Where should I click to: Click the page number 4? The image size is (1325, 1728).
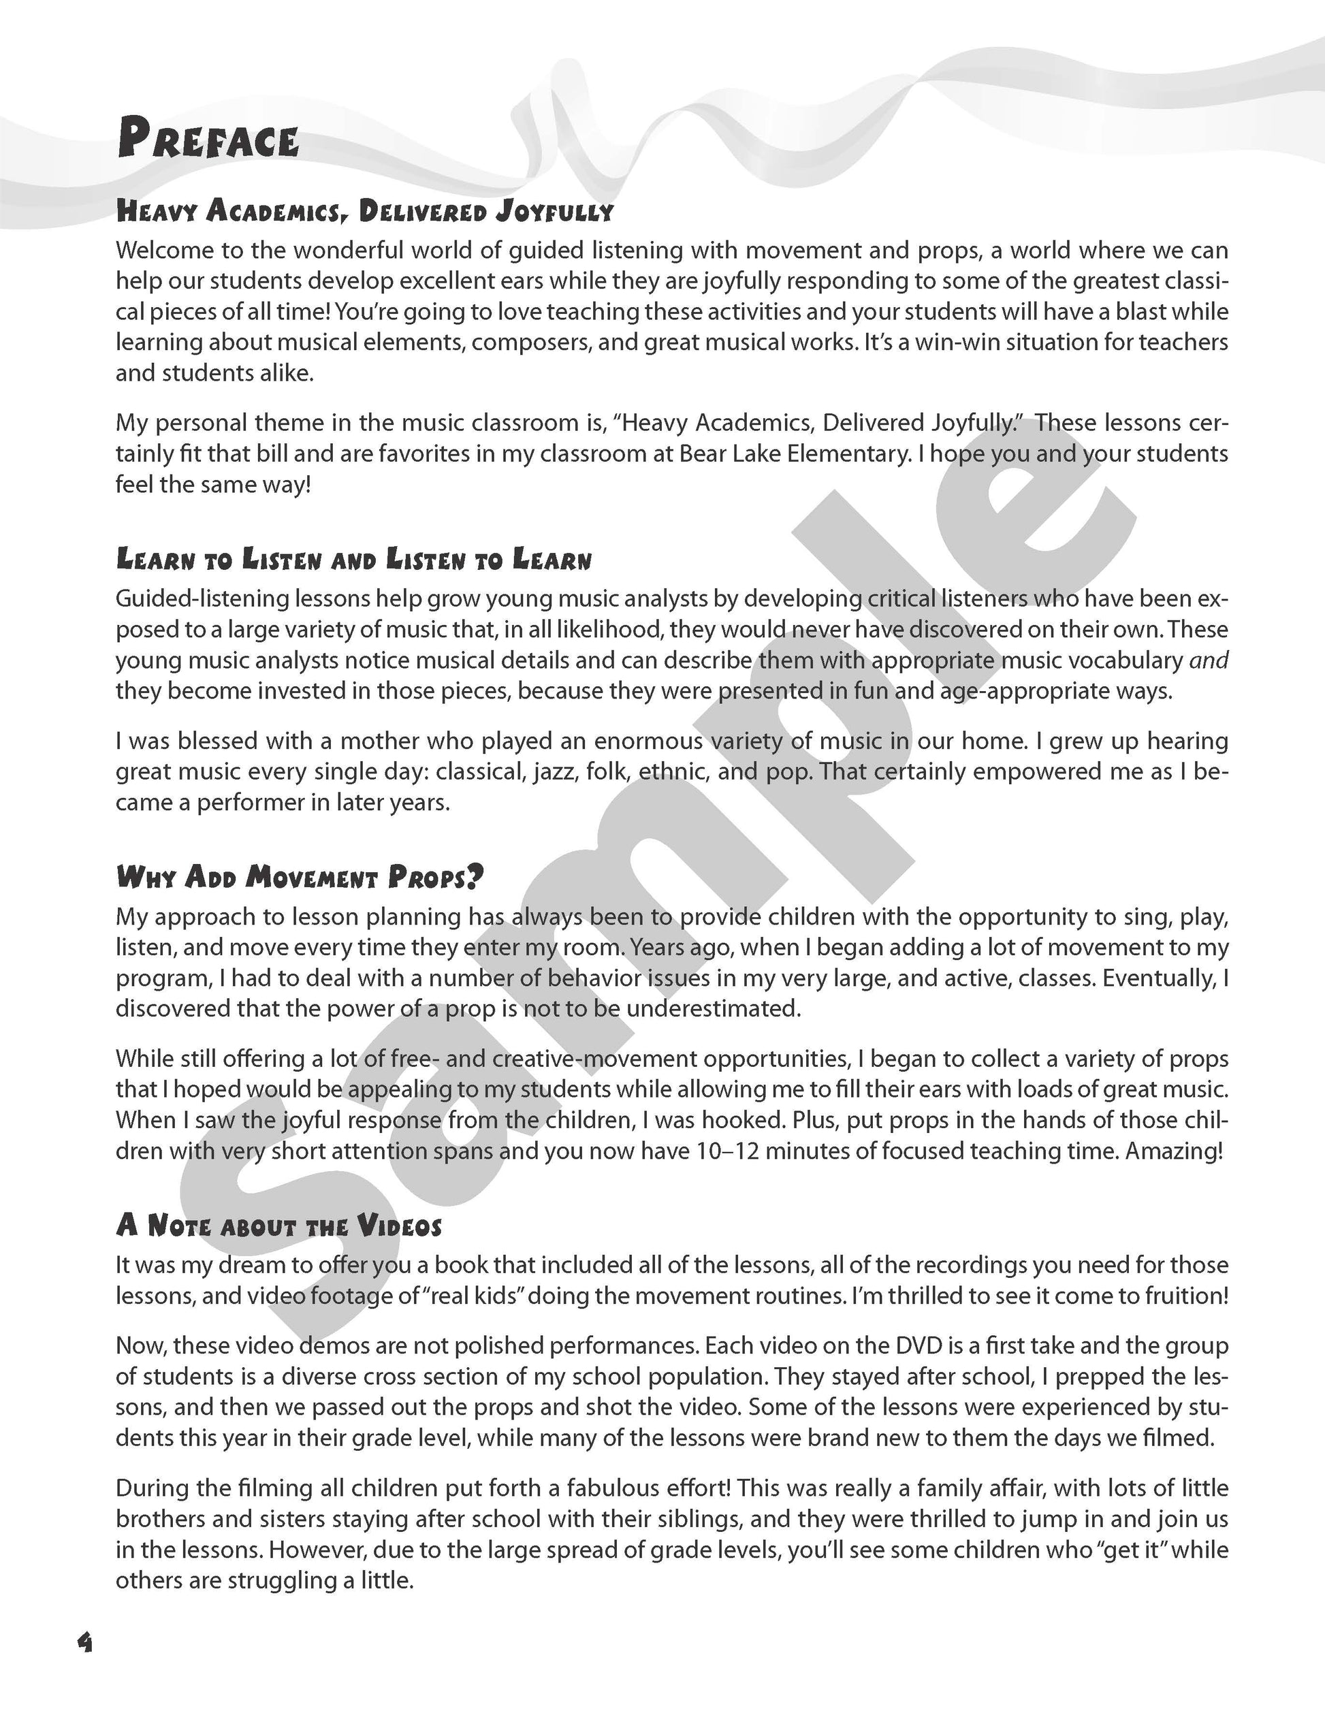84,1642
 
